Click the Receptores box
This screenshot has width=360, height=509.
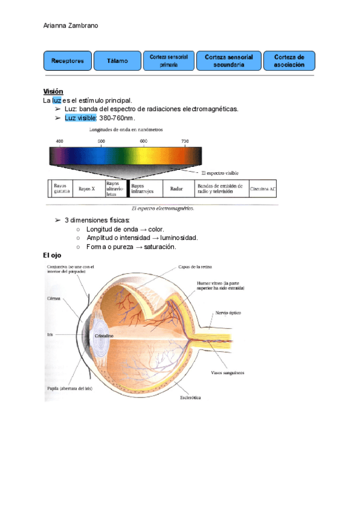point(67,61)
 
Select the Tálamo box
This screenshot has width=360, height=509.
point(118,61)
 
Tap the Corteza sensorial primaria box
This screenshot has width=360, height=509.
point(169,61)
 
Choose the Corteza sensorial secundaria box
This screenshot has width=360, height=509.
point(229,61)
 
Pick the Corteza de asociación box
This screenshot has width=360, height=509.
point(289,61)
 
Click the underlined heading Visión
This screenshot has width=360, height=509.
point(53,91)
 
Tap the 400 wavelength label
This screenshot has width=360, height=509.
point(59,141)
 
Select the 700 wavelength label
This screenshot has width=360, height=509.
point(185,141)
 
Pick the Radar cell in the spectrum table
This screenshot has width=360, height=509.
point(176,188)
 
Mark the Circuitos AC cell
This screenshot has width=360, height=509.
point(263,188)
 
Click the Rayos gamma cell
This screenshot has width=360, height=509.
point(61,188)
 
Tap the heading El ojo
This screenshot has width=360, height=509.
point(53,255)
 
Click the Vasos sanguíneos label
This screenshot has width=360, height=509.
point(227,373)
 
